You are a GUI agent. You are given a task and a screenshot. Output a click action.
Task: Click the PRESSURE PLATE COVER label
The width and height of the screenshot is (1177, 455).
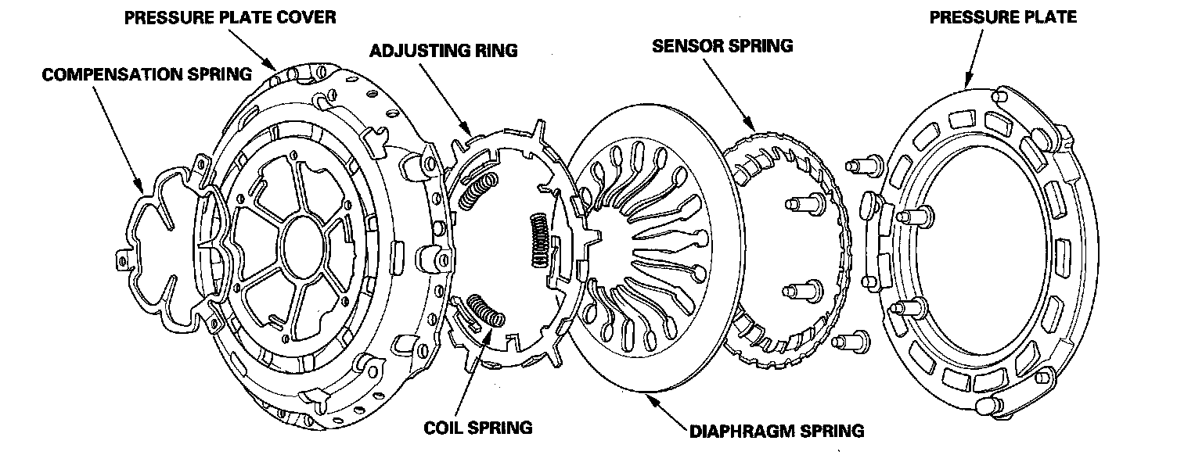point(230,16)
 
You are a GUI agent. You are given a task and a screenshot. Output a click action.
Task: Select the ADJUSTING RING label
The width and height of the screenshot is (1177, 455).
point(444,52)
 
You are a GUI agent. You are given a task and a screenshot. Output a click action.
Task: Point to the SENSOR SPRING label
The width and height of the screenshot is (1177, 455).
point(722,46)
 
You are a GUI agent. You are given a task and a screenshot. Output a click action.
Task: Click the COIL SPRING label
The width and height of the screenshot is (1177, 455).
point(477,428)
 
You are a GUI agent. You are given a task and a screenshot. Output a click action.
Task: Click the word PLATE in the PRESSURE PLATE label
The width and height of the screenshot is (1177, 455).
point(1048,16)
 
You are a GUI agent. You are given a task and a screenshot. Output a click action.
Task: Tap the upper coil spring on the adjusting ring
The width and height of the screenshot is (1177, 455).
point(478,192)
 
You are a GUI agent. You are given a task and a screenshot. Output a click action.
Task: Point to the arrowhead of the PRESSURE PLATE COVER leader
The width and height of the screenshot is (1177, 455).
point(276,68)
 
